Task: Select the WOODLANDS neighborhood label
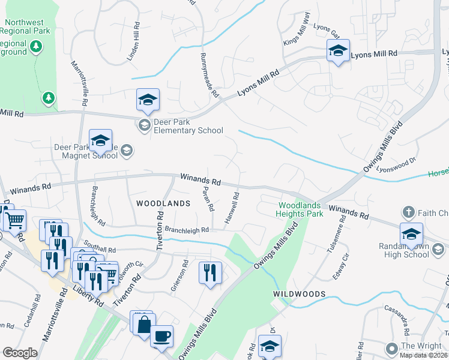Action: (x=163, y=204)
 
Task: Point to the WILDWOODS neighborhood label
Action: (x=300, y=294)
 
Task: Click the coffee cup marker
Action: (x=161, y=335)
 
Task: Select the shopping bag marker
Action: (x=145, y=325)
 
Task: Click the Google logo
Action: (x=20, y=353)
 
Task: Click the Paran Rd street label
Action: (x=208, y=199)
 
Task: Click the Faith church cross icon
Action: (x=408, y=212)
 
